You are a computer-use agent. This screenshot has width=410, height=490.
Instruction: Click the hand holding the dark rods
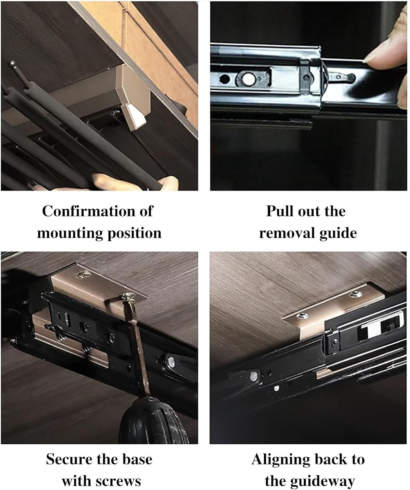coord(137,182)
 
